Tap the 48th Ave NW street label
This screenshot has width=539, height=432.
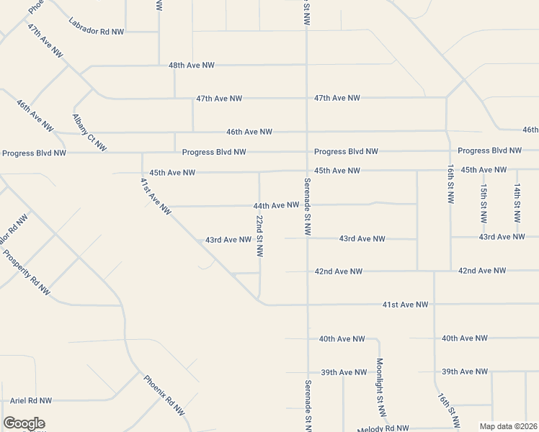(192, 65)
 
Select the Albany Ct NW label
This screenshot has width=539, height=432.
(89, 132)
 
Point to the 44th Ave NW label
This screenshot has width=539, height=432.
(276, 205)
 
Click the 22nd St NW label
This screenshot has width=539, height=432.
(259, 236)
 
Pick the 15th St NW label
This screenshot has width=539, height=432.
(484, 202)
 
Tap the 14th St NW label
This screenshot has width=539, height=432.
(517, 202)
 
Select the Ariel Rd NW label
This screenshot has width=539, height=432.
(31, 400)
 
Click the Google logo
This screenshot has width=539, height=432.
(24, 423)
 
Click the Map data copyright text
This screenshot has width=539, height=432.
(509, 426)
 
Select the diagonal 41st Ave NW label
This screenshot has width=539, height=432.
(155, 196)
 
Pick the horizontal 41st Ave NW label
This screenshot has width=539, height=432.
(405, 305)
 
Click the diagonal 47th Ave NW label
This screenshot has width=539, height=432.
(45, 43)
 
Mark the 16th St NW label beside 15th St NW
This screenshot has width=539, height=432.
(450, 185)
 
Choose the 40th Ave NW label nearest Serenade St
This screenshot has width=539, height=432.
(342, 338)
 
